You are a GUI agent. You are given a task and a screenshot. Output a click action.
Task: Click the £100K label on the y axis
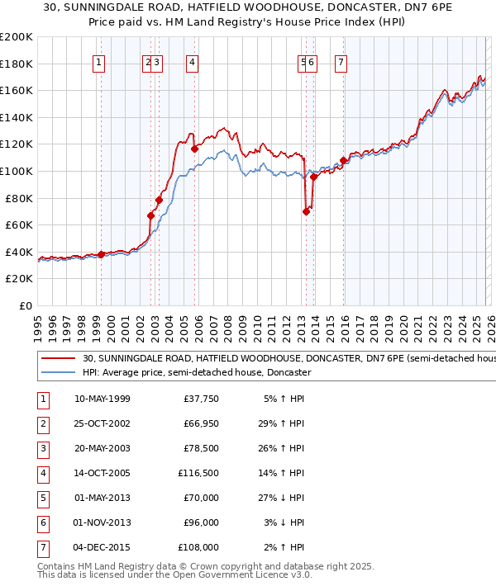17,171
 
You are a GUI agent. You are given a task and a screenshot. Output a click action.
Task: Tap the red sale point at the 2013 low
306,211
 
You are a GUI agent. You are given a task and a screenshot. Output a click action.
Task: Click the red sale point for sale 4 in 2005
194,149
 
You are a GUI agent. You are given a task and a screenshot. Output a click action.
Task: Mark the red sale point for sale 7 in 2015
343,160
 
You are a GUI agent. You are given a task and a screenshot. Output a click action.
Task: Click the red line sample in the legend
58,359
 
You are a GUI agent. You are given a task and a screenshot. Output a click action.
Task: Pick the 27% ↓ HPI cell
283,498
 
